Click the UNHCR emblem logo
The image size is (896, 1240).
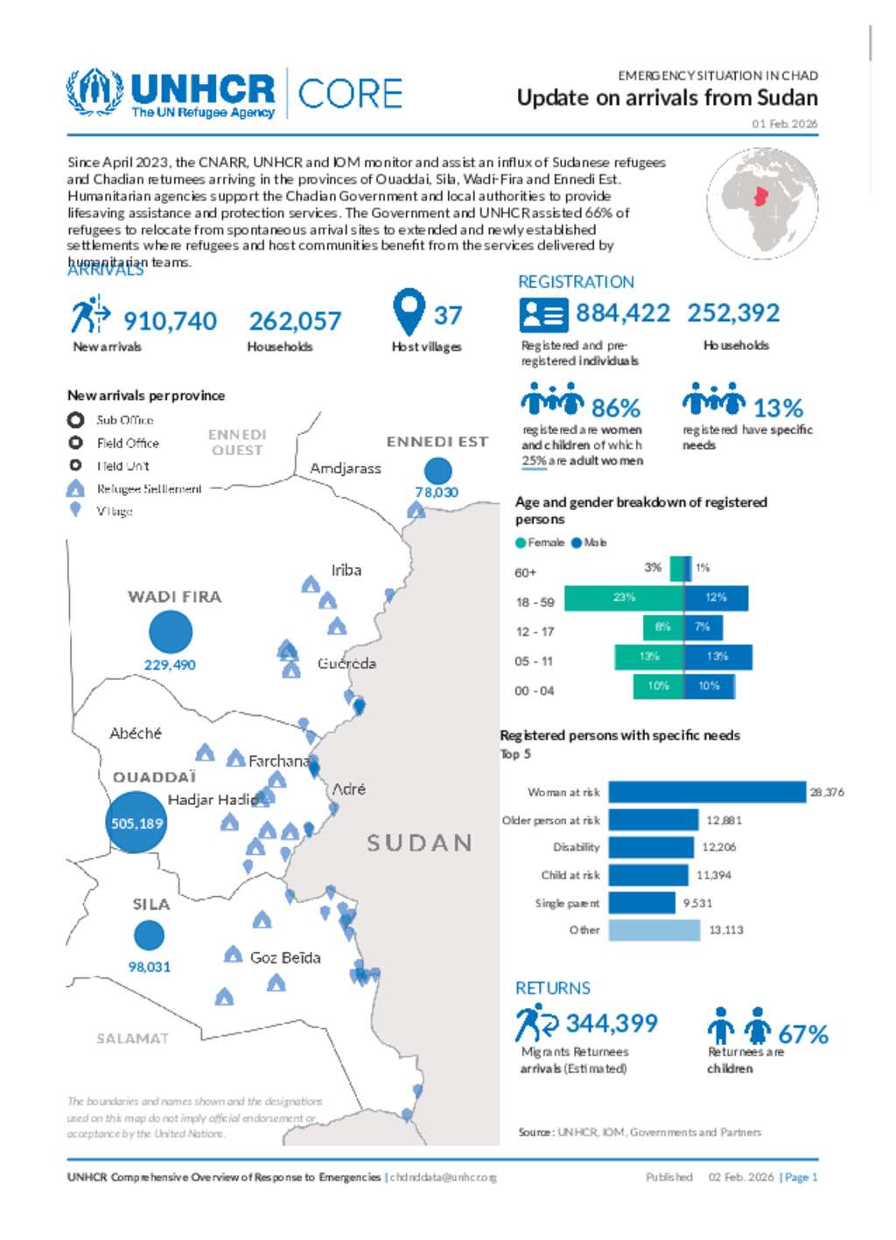[94, 92]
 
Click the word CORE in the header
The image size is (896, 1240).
[350, 94]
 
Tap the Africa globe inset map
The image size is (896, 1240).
[763, 203]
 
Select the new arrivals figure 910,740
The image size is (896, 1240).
[170, 321]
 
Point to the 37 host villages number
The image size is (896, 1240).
[448, 315]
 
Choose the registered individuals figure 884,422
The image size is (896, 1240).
[622, 312]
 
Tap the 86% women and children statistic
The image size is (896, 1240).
[616, 408]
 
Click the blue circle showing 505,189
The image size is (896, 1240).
[136, 822]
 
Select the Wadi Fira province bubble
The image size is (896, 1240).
[171, 632]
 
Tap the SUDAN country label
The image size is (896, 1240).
[419, 843]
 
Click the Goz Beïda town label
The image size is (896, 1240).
[285, 957]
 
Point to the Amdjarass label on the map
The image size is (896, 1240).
[346, 468]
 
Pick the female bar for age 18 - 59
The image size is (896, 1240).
[623, 598]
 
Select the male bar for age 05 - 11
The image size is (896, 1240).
[717, 656]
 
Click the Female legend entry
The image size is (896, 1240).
[541, 543]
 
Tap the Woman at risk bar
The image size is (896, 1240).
[707, 792]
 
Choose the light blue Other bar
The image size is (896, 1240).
[654, 930]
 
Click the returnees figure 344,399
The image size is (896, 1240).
[612, 1023]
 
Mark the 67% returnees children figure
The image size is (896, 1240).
[802, 1034]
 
